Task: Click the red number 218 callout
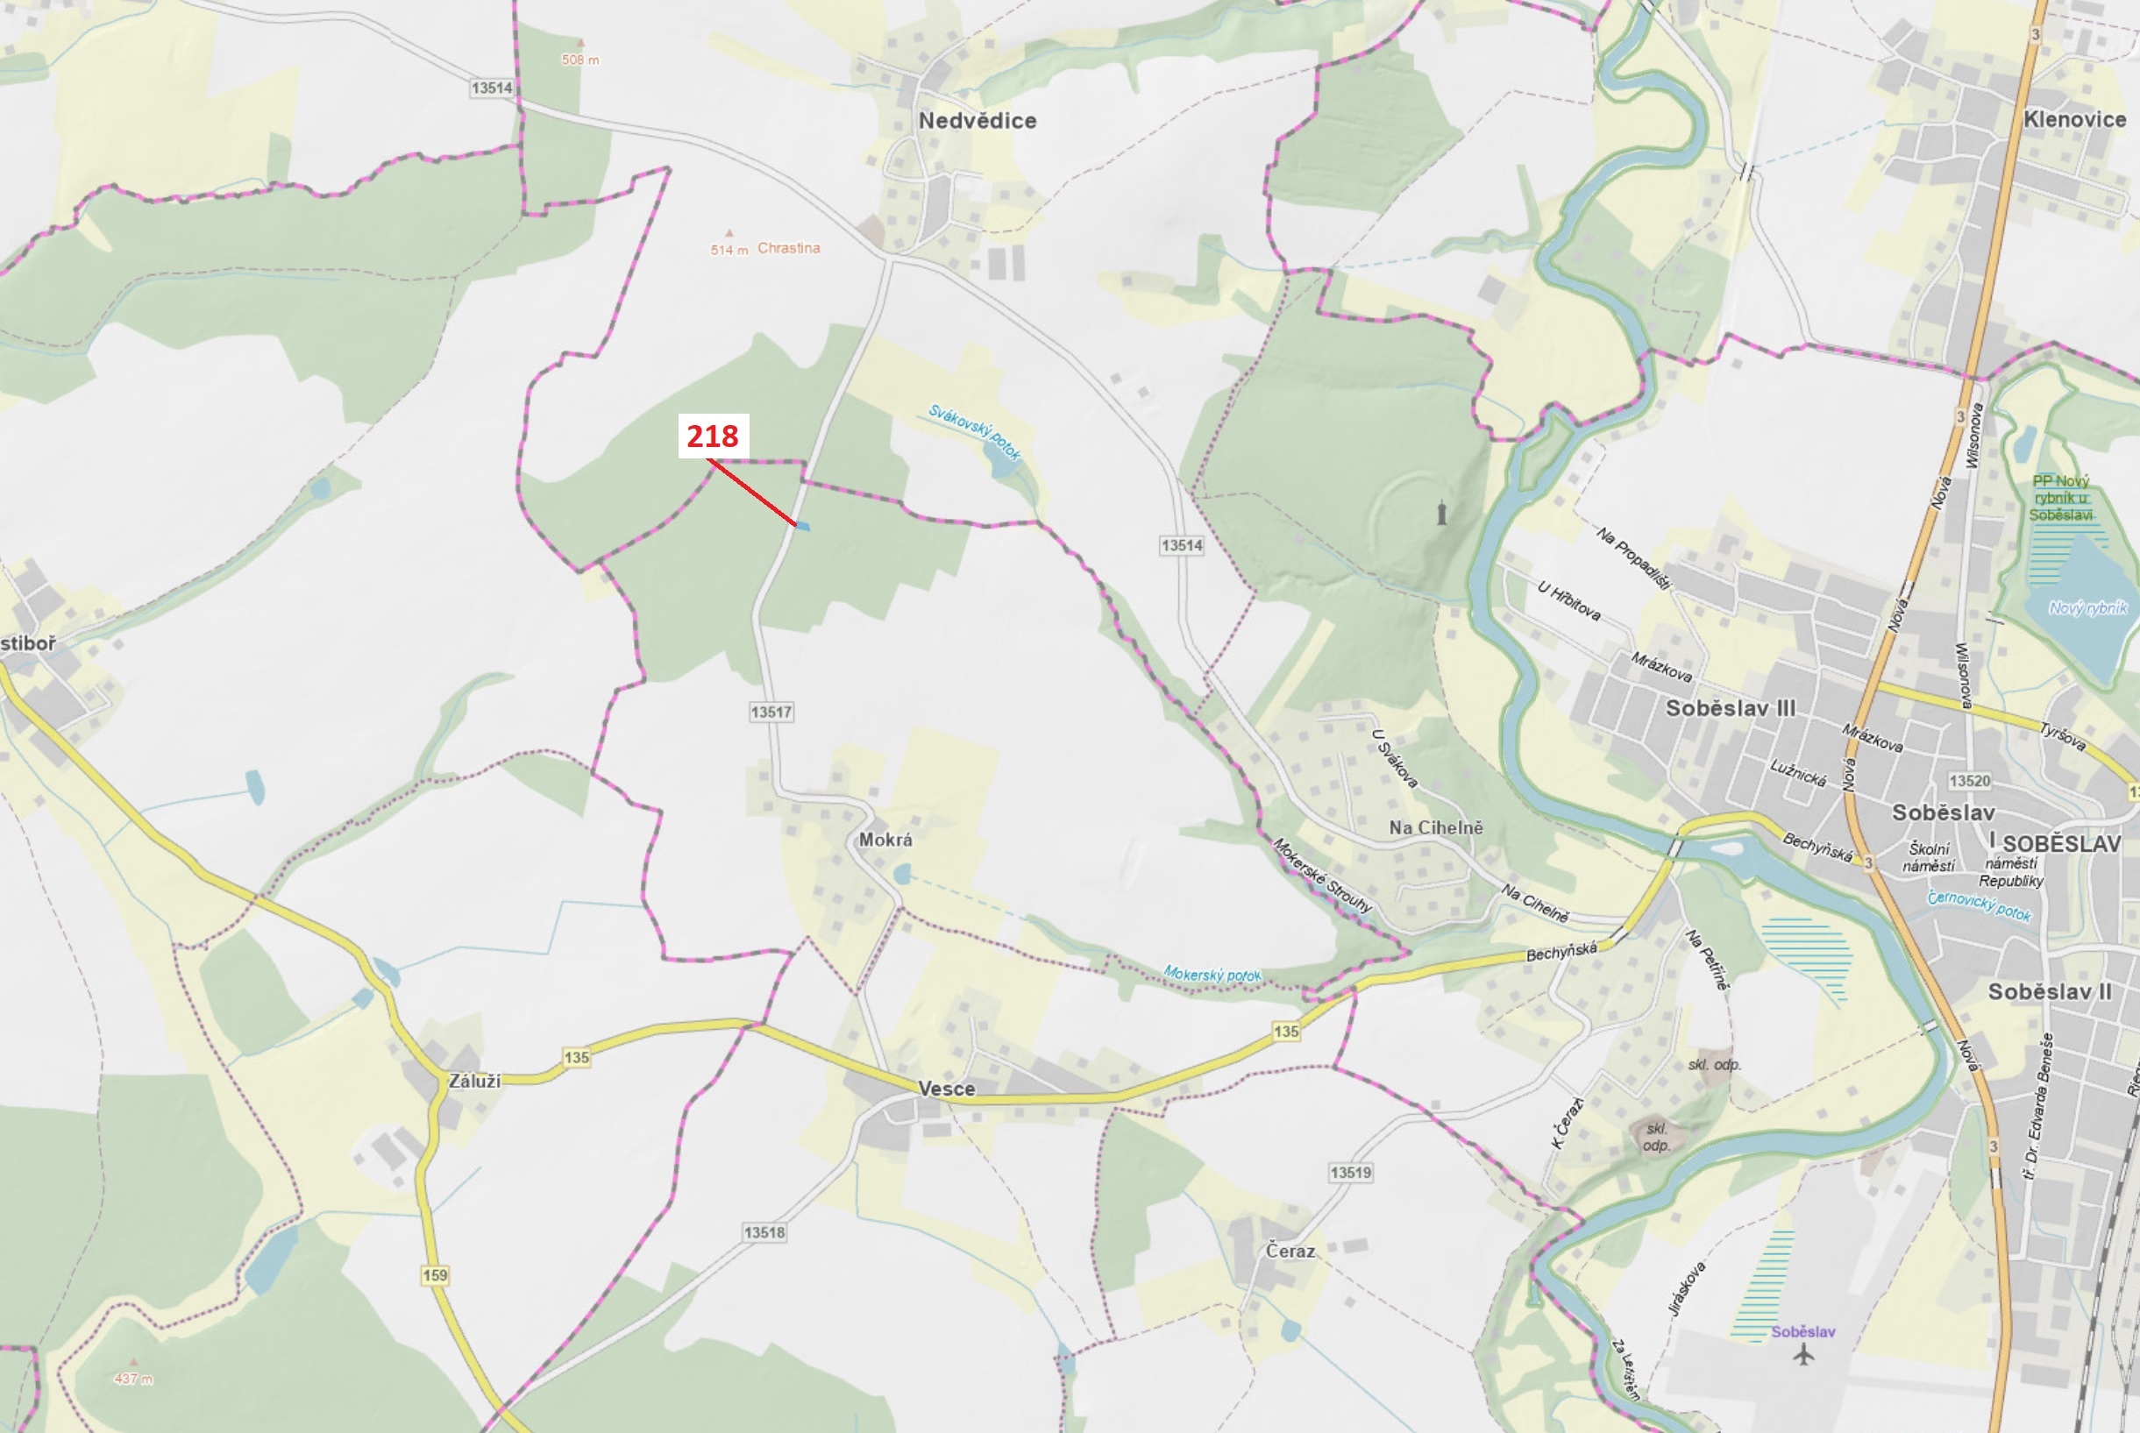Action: [713, 436]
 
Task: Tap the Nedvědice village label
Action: [978, 121]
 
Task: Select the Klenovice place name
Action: [2074, 120]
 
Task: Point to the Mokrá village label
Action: [885, 839]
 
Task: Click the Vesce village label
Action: [946, 1089]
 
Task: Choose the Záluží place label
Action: [474, 1081]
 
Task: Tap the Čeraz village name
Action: [1290, 1250]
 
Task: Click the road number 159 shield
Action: [435, 1275]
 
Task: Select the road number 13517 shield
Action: [771, 712]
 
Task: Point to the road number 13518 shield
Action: [764, 1232]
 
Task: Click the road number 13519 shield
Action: [1350, 1173]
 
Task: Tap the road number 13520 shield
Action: [1969, 780]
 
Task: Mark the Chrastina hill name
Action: [788, 248]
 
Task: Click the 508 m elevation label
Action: [579, 60]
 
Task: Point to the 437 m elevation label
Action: [133, 1379]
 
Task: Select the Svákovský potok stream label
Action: [975, 431]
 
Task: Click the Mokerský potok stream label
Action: [1212, 975]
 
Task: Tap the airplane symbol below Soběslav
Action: [1802, 1355]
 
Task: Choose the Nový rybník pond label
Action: [2088, 607]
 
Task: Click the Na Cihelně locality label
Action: [1435, 827]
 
